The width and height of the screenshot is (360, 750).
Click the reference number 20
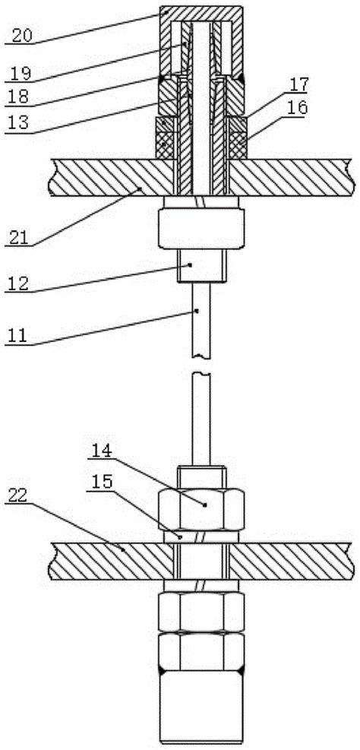click(23, 36)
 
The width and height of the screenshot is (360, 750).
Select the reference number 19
click(21, 73)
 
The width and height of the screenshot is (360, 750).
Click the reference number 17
click(296, 84)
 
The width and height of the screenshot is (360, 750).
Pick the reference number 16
click(298, 108)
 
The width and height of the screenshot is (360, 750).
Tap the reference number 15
click(103, 481)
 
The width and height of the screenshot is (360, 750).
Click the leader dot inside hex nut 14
click(204, 505)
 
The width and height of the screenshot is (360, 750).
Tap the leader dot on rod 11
click(197, 311)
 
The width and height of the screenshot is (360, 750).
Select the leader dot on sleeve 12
click(190, 264)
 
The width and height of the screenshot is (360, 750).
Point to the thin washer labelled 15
click(201, 537)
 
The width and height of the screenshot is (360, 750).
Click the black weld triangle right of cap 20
click(241, 77)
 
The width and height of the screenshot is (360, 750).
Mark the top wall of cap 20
click(201, 14)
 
